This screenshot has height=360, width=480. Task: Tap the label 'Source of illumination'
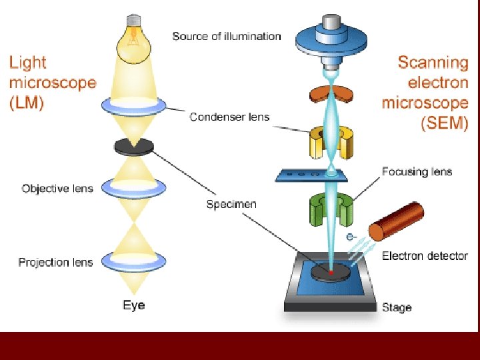(x=227, y=36)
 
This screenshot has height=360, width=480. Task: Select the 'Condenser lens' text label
(x=229, y=117)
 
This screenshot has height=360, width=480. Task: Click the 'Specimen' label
(x=231, y=204)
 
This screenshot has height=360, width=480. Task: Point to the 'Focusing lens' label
(x=417, y=172)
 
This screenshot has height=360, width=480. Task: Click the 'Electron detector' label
(x=425, y=256)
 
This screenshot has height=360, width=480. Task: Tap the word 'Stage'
(x=397, y=308)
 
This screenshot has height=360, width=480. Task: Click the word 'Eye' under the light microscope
(x=133, y=306)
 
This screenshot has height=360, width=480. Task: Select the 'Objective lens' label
(x=57, y=189)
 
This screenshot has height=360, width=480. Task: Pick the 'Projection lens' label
(x=55, y=262)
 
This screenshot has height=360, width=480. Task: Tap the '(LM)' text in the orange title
(x=26, y=105)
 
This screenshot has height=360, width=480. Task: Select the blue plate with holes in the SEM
(x=313, y=175)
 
